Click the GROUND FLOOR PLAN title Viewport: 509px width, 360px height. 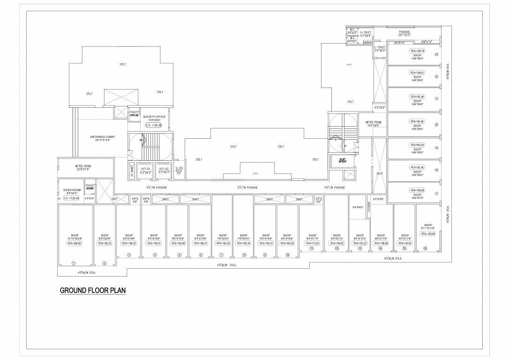[x=93, y=291]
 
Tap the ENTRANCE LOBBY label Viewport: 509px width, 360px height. [x=102, y=138]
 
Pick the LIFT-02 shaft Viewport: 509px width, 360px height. [x=164, y=171]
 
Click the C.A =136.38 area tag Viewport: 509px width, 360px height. [x=154, y=125]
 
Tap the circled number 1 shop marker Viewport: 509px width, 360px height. [x=73, y=263]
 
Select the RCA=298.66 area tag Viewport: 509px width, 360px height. [x=75, y=243]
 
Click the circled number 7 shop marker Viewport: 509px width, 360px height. [x=221, y=255]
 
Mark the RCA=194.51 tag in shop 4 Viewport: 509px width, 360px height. [x=154, y=243]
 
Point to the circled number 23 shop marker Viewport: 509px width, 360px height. [x=436, y=54]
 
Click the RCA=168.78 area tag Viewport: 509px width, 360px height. [x=417, y=51]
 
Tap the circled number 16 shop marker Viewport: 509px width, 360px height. [x=425, y=248]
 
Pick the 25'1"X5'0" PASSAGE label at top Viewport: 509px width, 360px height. [x=404, y=33]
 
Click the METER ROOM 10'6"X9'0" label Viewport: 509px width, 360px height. [x=374, y=124]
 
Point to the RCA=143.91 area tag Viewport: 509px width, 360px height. [x=404, y=243]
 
